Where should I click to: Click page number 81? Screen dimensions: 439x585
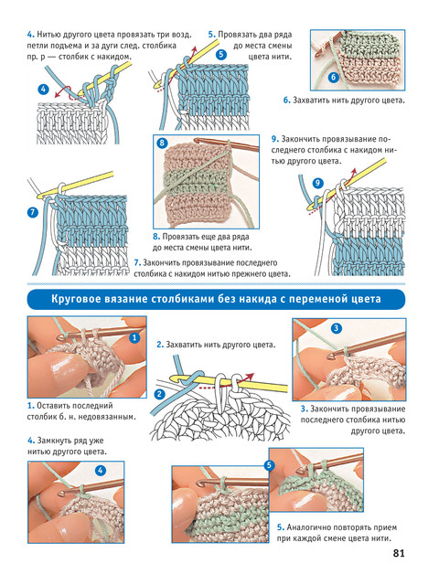click(x=399, y=553)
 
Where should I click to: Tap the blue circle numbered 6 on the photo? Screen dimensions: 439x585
click(x=333, y=77)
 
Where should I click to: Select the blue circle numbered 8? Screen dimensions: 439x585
click(x=162, y=143)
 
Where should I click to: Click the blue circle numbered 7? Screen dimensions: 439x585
click(x=33, y=213)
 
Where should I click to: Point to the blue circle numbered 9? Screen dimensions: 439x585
click(x=317, y=183)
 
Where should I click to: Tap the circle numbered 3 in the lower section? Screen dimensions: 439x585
click(x=337, y=328)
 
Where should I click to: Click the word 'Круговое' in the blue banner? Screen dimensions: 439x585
click(x=73, y=299)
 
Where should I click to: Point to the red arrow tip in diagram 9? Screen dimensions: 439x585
click(x=354, y=171)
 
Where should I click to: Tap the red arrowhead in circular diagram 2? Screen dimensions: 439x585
click(x=251, y=376)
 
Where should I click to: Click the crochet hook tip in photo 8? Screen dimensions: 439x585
click(x=197, y=141)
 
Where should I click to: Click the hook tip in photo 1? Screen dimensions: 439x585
click(x=60, y=337)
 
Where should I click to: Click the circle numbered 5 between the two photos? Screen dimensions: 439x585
click(x=269, y=465)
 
